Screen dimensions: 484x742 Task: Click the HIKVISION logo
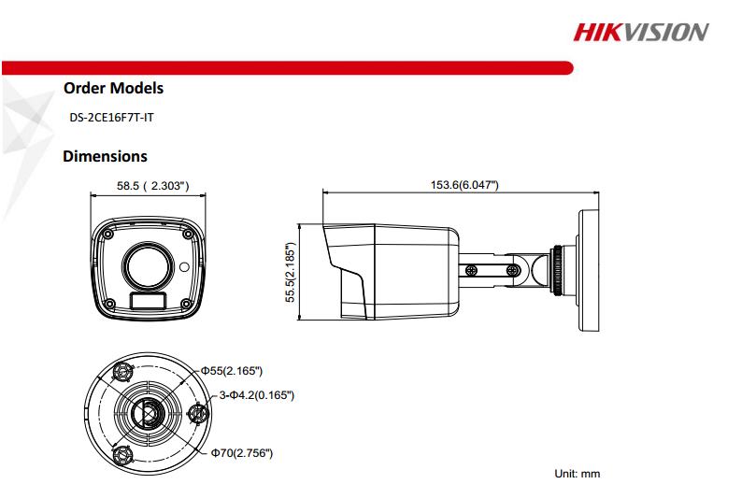(x=640, y=33)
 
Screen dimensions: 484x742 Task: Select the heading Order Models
(x=113, y=89)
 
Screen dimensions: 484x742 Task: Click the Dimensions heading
(x=105, y=157)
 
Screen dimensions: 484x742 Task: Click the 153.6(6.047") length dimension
(x=464, y=184)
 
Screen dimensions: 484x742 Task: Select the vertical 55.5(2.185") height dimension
(x=290, y=274)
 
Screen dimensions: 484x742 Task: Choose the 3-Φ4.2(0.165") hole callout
(x=256, y=396)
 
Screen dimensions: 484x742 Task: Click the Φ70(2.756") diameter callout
(x=241, y=453)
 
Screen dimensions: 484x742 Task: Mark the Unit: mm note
(x=578, y=474)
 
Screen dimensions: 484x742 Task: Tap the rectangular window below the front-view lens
(x=148, y=302)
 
